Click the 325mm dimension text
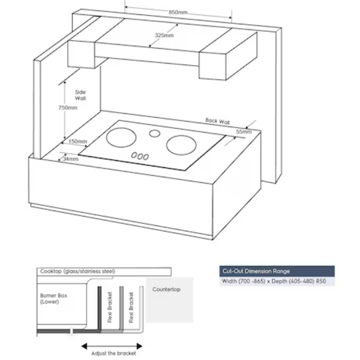[164, 35]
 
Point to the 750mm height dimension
[68, 108]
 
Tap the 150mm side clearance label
[78, 142]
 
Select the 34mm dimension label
[71, 159]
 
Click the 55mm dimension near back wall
[244, 132]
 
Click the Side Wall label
[80, 95]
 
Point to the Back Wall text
[217, 121]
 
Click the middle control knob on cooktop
[140, 156]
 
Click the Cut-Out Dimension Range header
[255, 271]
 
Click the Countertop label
[167, 289]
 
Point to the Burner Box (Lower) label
[54, 298]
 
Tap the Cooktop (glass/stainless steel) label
[78, 271]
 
